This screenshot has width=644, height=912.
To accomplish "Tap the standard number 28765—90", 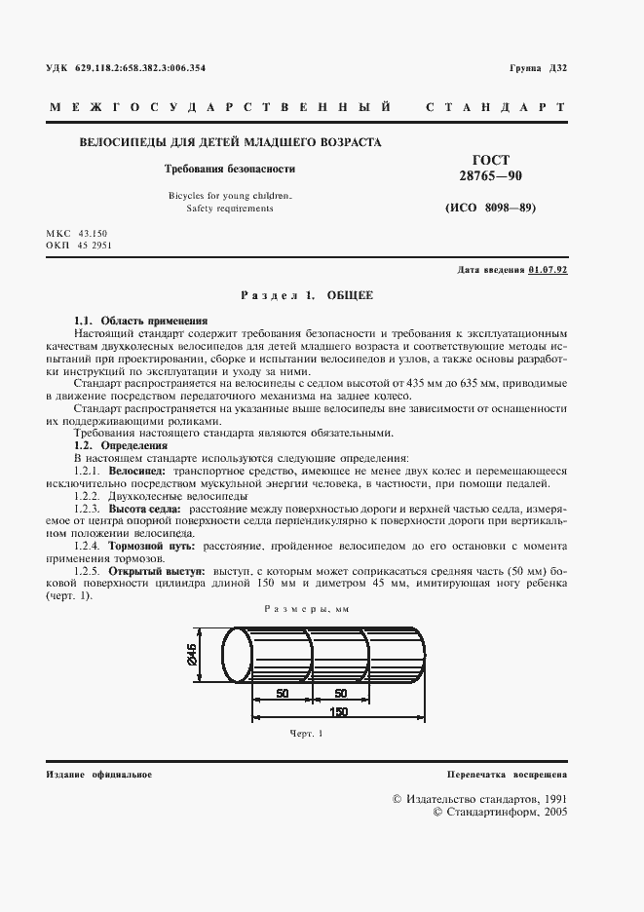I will coord(490,175).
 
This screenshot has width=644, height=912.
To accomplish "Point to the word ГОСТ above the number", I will coord(490,159).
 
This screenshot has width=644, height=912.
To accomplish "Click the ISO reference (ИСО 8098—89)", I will coord(490,209).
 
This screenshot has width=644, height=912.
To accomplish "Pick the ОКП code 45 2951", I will coord(102,246).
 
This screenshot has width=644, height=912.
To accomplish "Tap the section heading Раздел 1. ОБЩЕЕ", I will coord(306,294).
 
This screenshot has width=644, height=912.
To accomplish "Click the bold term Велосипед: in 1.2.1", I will coord(137,471).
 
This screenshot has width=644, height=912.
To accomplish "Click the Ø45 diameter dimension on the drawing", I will coord(192,658).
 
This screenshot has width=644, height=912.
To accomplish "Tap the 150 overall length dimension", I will coord(339,711).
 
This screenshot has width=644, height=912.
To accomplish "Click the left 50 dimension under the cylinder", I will coord(282,692).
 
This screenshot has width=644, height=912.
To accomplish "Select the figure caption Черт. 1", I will coord(305,733).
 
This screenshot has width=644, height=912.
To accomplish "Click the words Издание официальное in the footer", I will coord(98,774).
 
